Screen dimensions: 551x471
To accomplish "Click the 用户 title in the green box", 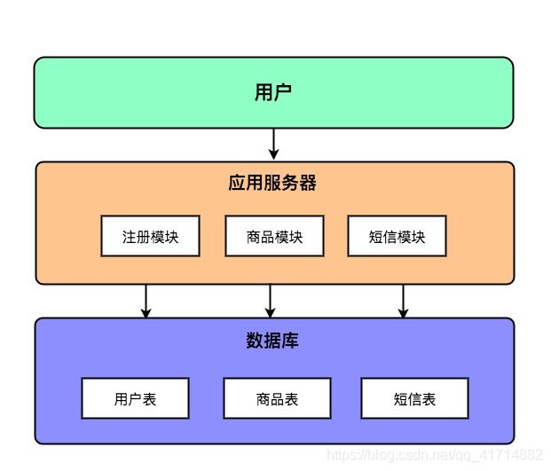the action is [x=273, y=92].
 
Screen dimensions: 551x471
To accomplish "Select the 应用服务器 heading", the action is [x=272, y=183].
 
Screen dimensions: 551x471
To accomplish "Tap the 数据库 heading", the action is [x=272, y=340].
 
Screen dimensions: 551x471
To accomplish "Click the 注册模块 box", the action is [x=151, y=236].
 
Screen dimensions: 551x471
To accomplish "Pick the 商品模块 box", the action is [x=274, y=236].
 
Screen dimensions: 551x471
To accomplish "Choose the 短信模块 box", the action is [x=398, y=236].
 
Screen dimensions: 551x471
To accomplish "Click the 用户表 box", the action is [x=135, y=398].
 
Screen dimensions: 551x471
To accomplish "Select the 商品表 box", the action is [x=277, y=398].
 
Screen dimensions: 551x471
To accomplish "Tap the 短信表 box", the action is [x=415, y=398].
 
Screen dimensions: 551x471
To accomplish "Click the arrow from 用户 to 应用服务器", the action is [x=274, y=145].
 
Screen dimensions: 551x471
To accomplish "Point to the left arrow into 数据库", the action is [x=146, y=301].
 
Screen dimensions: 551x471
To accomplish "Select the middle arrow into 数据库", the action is [x=270, y=301].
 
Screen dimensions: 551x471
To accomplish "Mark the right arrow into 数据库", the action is [x=403, y=301].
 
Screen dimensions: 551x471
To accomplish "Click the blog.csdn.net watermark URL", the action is [x=435, y=455].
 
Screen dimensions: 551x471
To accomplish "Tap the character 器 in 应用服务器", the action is [x=308, y=183].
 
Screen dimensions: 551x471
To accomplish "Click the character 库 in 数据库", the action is [x=290, y=340].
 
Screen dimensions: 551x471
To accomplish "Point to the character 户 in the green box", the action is [x=282, y=92].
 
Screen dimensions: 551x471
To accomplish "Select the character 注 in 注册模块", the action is [x=129, y=237].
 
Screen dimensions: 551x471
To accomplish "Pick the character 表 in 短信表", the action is [x=429, y=399].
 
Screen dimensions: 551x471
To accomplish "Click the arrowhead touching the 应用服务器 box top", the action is [x=274, y=155].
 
